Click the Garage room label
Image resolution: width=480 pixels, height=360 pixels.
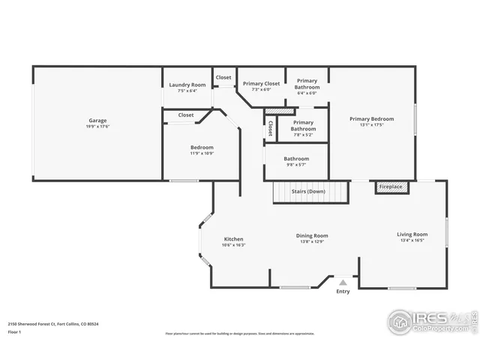97,120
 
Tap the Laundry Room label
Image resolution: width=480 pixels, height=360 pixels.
187,85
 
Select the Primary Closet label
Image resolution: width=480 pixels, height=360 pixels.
261,83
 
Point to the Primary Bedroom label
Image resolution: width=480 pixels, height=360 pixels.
370,118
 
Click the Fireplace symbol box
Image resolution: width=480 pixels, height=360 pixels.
391,187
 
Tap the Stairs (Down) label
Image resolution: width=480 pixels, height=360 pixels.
309,191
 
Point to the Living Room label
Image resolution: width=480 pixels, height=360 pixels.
412,235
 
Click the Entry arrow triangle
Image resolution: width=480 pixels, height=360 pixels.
343,282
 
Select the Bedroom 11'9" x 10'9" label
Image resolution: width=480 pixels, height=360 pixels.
202,147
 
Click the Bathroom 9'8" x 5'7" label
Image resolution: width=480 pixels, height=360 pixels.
296,158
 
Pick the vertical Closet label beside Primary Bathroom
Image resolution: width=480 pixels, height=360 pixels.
270,129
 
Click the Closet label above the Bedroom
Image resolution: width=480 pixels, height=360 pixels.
186,115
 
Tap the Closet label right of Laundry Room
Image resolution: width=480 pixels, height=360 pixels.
223,77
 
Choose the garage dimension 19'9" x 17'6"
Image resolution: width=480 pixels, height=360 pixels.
97,126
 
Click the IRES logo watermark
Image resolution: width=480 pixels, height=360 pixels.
430,320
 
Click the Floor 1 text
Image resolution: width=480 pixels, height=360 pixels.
14,331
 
